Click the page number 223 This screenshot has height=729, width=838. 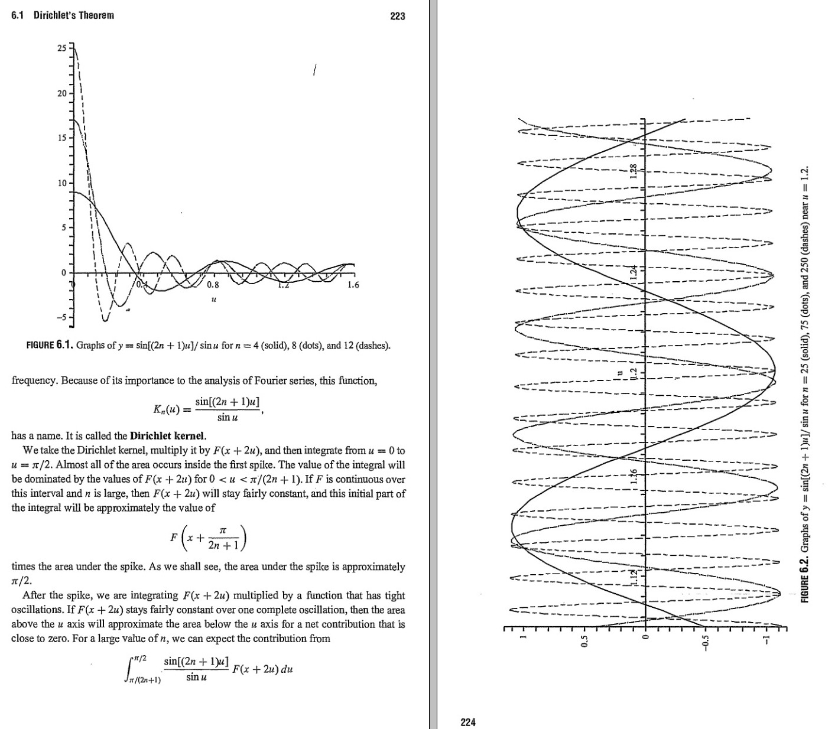point(398,17)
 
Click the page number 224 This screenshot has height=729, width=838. point(468,722)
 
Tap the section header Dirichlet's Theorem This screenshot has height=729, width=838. point(74,15)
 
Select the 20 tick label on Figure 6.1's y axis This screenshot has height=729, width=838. point(62,93)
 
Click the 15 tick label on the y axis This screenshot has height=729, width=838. point(62,138)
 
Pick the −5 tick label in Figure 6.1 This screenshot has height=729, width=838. point(61,318)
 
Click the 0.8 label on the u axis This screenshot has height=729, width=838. point(213,285)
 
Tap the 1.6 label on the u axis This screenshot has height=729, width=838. point(353,285)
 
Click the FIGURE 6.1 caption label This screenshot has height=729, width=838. point(49,345)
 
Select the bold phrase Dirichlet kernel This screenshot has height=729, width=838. point(168,437)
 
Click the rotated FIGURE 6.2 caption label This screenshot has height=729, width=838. point(804,579)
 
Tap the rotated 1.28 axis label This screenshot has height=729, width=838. point(634,171)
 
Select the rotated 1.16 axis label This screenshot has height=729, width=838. point(634,476)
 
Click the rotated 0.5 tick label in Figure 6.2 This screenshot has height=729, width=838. point(584,640)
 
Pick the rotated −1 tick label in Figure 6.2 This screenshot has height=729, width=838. point(766,640)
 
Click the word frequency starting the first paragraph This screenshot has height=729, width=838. point(34,380)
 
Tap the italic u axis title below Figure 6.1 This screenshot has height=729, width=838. point(213,300)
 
